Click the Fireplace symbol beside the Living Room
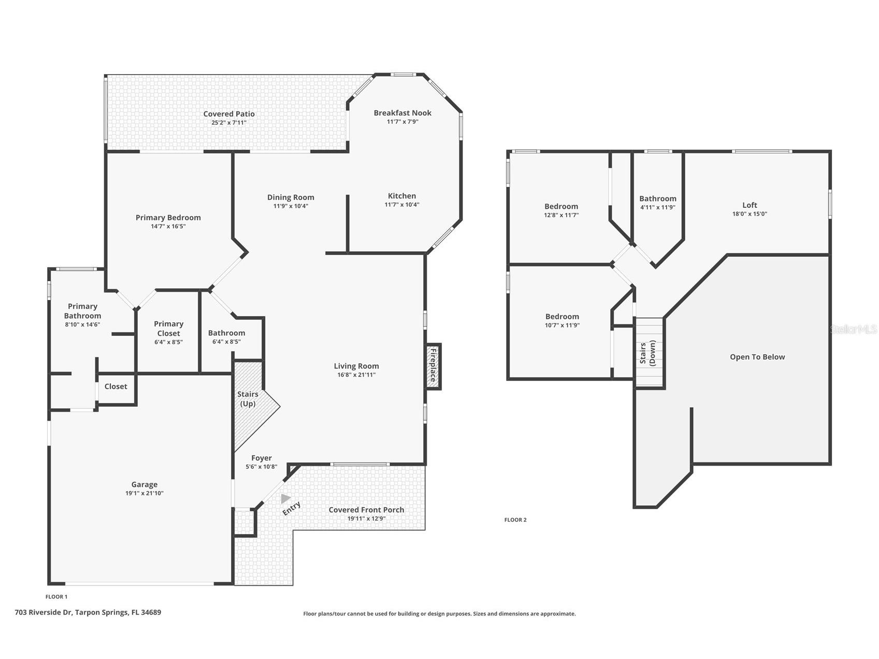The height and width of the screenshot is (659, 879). click(433, 366)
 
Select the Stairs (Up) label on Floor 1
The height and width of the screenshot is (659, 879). click(248, 399)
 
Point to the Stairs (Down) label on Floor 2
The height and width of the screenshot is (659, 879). click(647, 353)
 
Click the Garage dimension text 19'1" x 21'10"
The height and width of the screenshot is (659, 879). click(145, 493)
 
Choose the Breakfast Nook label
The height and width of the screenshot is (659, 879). click(402, 112)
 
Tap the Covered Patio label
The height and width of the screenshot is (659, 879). click(229, 114)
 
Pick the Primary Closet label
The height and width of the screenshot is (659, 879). click(168, 328)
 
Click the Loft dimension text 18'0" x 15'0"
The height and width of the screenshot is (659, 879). click(750, 214)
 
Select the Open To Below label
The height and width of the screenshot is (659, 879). click(757, 357)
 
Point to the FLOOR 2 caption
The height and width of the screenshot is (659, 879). click(515, 520)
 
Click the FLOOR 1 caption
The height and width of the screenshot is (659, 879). click(56, 597)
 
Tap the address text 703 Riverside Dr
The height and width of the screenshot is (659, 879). click(44, 612)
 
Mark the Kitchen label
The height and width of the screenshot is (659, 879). click(402, 196)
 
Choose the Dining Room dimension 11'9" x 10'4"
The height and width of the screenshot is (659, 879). click(291, 206)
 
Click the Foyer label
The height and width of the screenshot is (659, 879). click(262, 458)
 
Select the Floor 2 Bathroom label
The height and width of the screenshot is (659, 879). click(658, 198)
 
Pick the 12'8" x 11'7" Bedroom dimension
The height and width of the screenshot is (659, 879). click(561, 215)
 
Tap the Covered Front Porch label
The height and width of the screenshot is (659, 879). click(366, 510)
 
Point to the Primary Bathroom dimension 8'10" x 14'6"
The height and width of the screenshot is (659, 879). click(82, 325)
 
